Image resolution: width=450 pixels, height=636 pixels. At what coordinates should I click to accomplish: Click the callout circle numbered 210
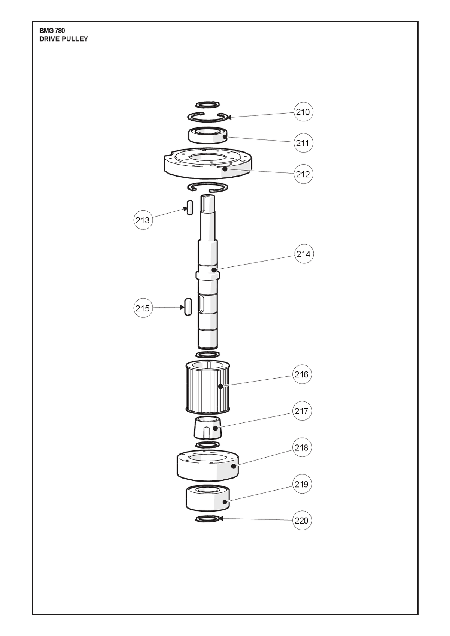pyautogui.click(x=303, y=112)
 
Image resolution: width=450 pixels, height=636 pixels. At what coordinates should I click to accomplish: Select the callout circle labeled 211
pyautogui.click(x=303, y=143)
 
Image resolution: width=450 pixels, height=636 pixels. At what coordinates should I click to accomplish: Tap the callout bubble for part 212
pyautogui.click(x=303, y=174)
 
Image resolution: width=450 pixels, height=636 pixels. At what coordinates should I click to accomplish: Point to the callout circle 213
pyautogui.click(x=142, y=220)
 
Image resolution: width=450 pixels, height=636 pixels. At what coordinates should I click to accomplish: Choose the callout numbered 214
pyautogui.click(x=303, y=254)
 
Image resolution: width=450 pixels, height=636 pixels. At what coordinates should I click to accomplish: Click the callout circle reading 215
pyautogui.click(x=142, y=308)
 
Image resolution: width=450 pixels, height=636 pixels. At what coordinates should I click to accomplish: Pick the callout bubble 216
pyautogui.click(x=302, y=374)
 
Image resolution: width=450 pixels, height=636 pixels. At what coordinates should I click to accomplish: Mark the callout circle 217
pyautogui.click(x=302, y=411)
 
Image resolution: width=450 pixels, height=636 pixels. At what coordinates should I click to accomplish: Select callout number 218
pyautogui.click(x=302, y=448)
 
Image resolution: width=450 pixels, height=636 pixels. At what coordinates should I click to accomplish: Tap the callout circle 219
pyautogui.click(x=302, y=484)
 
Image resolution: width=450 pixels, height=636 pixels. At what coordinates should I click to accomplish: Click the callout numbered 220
pyautogui.click(x=302, y=521)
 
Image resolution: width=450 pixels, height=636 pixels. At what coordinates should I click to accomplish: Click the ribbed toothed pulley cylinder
pyautogui.click(x=207, y=387)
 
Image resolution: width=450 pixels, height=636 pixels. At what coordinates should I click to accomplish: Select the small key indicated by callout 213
pyautogui.click(x=190, y=208)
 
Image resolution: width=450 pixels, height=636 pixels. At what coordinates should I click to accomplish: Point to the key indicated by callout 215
pyautogui.click(x=188, y=306)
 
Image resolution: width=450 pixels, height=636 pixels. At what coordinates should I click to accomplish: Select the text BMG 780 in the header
pyautogui.click(x=52, y=31)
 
